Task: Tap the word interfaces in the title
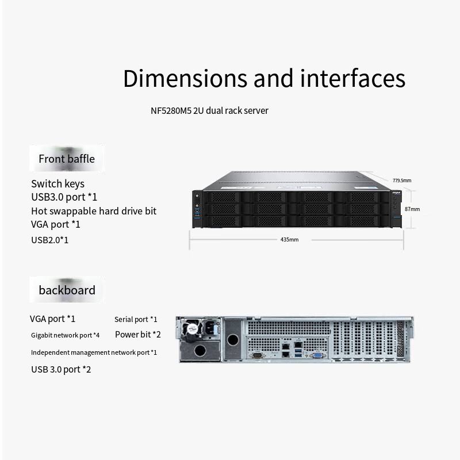tap(344, 78)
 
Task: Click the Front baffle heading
tap(67, 159)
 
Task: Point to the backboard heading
tap(67, 290)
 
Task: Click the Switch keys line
tap(57, 183)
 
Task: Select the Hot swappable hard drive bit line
tap(94, 211)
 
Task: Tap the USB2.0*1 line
tap(49, 239)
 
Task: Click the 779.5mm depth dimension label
tap(402, 181)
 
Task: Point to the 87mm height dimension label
tap(412, 209)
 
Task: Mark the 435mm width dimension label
tap(289, 239)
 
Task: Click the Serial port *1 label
tap(136, 319)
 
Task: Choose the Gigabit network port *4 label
tap(65, 335)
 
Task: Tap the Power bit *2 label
tap(138, 334)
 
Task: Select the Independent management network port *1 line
tap(94, 352)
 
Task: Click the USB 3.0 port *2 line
tap(61, 369)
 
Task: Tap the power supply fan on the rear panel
tap(191, 330)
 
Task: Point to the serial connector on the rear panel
tap(258, 356)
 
